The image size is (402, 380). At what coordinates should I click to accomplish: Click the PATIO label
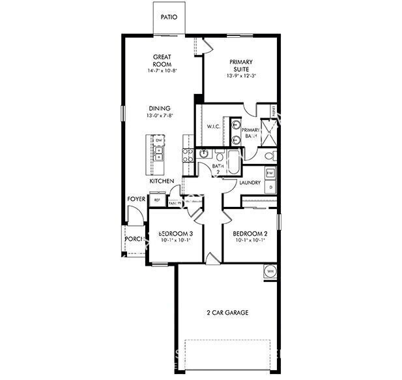(168, 18)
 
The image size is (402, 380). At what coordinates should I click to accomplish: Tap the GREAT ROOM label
(162, 60)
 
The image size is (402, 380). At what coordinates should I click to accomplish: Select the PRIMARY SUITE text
(240, 65)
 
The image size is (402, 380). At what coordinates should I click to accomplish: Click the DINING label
(159, 108)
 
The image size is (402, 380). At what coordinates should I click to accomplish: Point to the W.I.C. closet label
(214, 126)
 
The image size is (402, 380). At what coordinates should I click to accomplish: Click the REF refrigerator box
(157, 200)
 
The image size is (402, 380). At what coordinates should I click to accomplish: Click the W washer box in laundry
(270, 172)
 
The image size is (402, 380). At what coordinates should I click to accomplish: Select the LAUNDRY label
(250, 182)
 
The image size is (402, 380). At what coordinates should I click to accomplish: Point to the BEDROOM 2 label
(250, 233)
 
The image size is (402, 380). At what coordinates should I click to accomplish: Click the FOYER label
(136, 200)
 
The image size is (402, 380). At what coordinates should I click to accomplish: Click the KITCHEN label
(162, 181)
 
